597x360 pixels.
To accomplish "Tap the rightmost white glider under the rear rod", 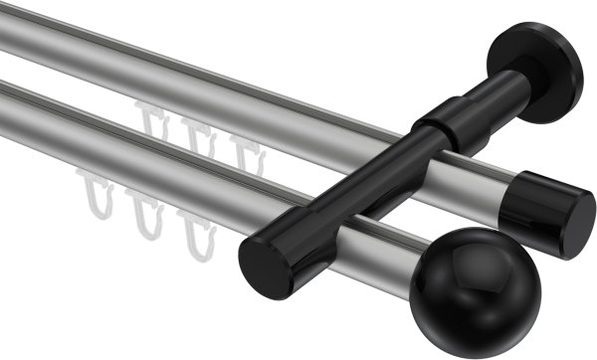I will click(244, 149).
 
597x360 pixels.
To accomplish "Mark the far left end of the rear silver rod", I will click(8, 25).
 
